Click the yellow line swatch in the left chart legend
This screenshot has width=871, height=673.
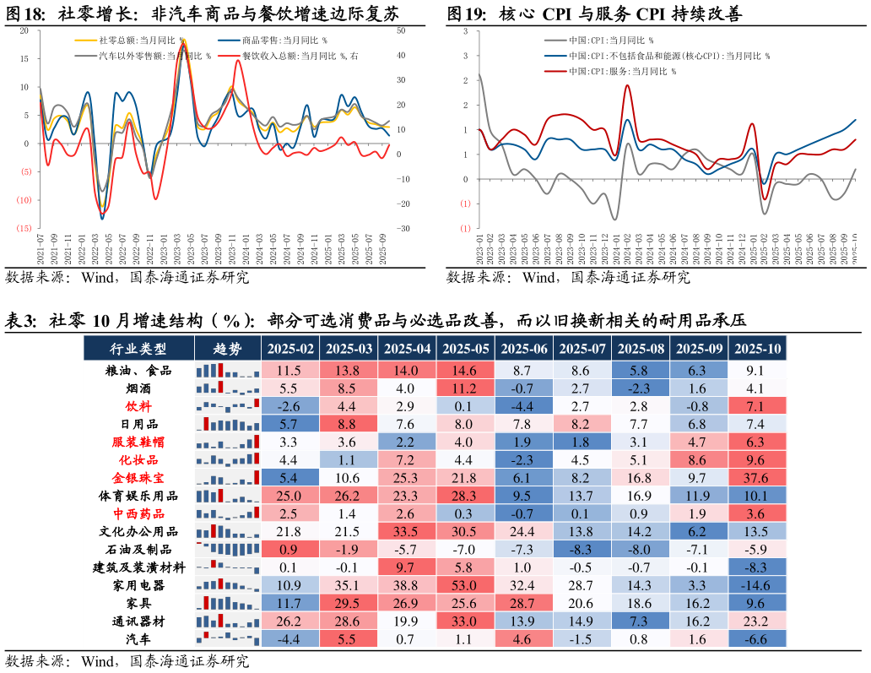[86, 40]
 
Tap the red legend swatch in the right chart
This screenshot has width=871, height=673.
[555, 71]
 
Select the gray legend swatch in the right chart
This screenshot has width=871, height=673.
[555, 40]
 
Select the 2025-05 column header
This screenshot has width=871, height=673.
[465, 349]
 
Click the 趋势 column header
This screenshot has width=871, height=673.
[227, 349]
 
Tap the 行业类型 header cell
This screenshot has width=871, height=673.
[138, 349]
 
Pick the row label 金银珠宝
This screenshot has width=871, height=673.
[138, 478]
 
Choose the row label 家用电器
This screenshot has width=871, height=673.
[138, 585]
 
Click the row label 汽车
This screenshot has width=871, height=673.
[138, 639]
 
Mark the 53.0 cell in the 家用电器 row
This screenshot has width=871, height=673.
[465, 585]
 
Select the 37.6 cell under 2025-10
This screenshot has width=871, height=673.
[756, 478]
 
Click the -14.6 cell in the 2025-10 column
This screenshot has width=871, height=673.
[756, 585]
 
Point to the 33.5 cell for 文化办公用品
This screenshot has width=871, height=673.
[407, 532]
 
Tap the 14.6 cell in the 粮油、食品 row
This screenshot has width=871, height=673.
[465, 371]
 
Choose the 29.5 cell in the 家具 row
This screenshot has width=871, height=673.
[349, 603]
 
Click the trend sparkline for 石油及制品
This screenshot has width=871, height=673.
[227, 550]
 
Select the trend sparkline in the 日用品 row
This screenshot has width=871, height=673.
[227, 425]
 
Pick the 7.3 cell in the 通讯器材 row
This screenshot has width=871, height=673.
[640, 621]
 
